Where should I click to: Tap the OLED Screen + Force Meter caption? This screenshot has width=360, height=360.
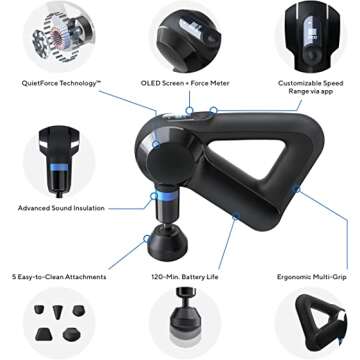(181, 85)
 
